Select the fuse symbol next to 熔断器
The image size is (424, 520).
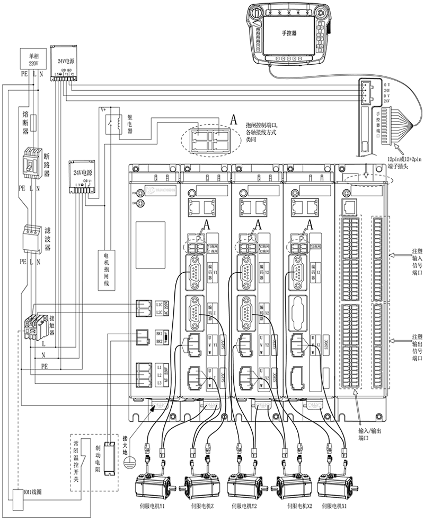pyautogui.click(x=33, y=123)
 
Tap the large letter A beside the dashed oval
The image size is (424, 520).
pyautogui.click(x=234, y=120)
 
